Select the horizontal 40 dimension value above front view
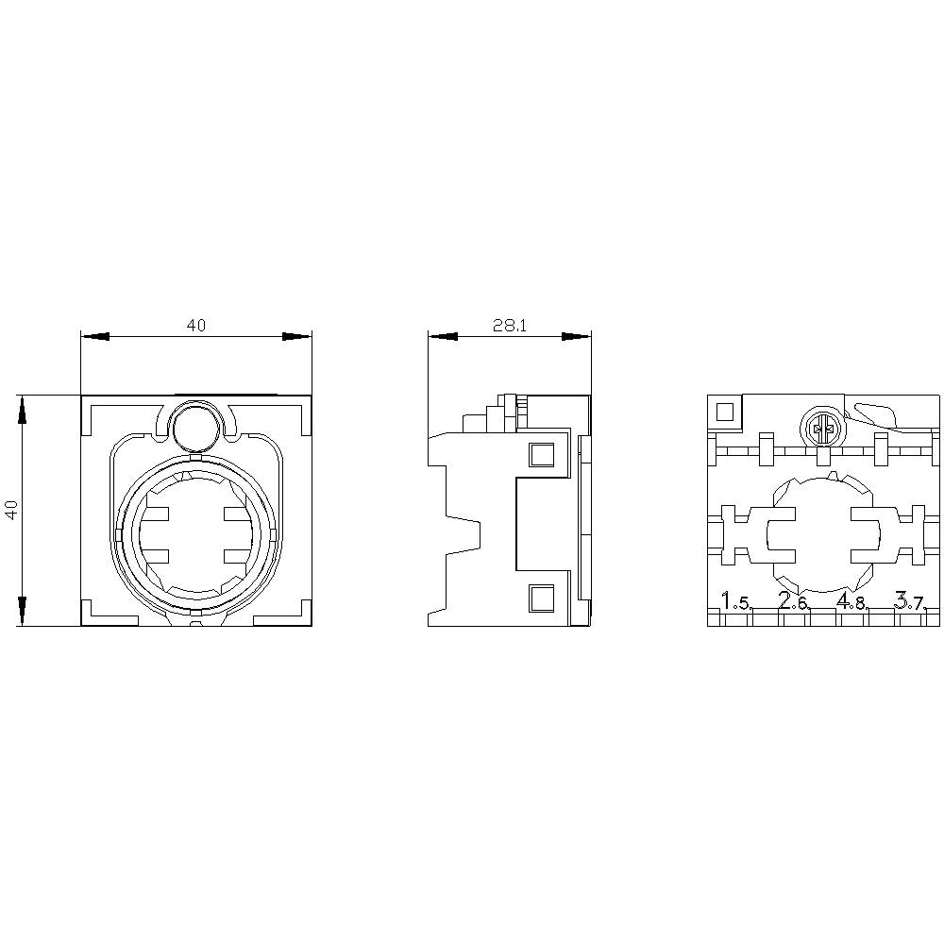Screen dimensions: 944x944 195,326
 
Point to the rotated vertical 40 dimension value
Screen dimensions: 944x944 12,510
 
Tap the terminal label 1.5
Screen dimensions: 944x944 736,601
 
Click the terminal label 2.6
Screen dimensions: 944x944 794,601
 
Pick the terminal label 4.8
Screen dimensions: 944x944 851,601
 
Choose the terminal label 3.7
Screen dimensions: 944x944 910,601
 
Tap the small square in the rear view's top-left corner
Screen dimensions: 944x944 726,412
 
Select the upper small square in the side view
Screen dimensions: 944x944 541,455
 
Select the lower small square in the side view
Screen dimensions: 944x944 541,598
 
